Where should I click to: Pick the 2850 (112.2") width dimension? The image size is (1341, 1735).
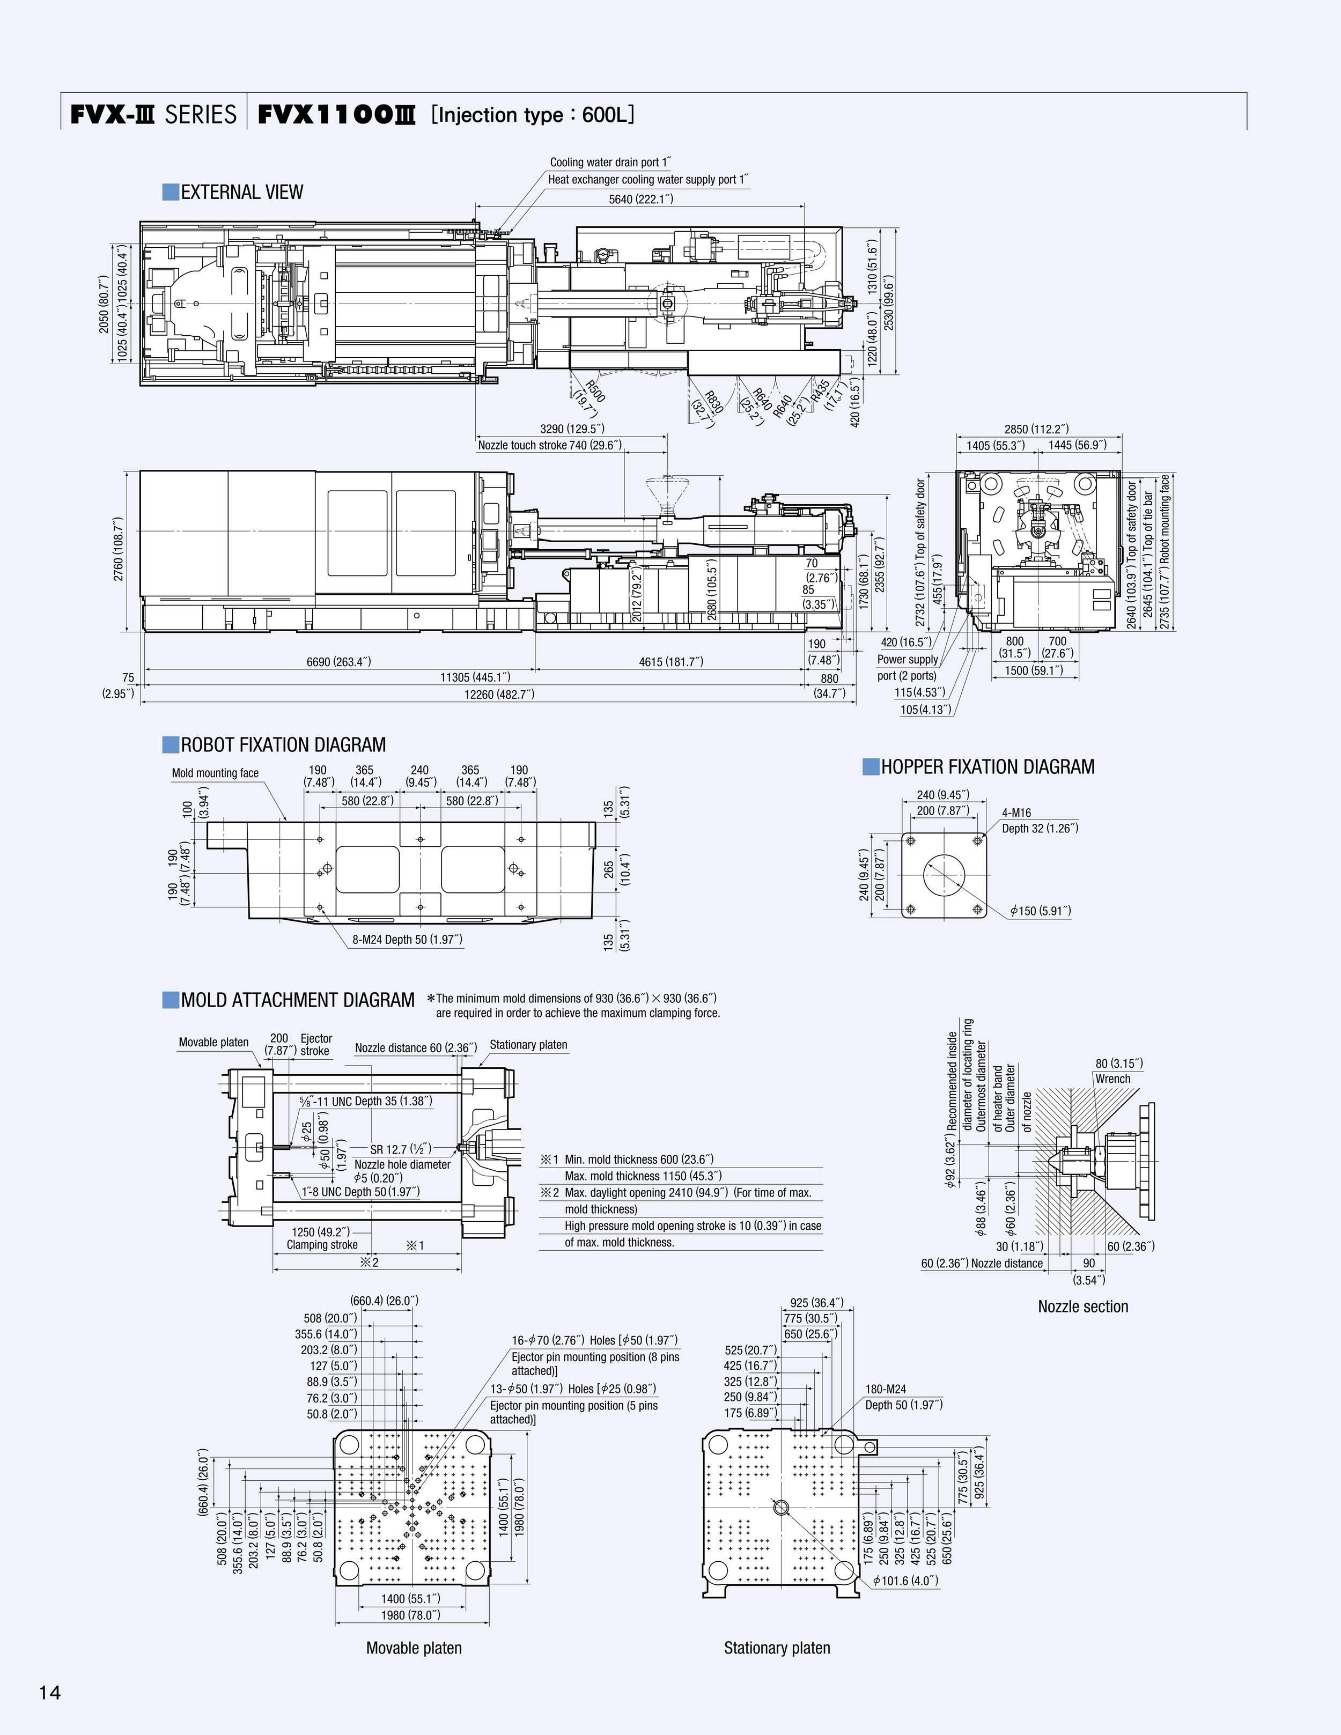click(x=1042, y=429)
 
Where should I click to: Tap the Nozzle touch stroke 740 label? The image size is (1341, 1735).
click(x=550, y=446)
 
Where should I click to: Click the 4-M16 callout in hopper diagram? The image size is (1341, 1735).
click(x=1016, y=813)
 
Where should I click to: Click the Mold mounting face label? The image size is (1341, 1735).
click(x=215, y=773)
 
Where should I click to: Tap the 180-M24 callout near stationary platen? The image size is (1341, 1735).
click(x=885, y=1390)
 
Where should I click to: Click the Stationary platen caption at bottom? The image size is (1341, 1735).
click(x=776, y=1649)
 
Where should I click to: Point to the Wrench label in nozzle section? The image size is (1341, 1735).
click(x=1112, y=1079)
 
